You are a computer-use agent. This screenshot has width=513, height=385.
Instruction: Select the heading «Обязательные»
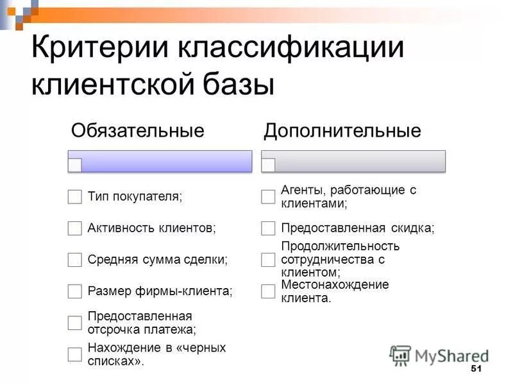tap(137, 132)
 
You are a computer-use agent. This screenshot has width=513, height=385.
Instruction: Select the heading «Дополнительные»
tap(342, 132)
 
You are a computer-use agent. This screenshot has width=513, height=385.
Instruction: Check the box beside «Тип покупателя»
tap(75, 197)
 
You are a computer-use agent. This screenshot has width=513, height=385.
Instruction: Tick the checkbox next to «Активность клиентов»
tap(75, 228)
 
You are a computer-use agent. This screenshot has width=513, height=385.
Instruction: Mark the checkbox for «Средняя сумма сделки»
tap(75, 260)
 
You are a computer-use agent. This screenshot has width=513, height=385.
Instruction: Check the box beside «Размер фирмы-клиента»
tap(75, 291)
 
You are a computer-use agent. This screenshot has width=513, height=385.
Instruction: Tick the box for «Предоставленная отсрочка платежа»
tap(75, 323)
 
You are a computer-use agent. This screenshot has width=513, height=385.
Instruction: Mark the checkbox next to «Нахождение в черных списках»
tap(75, 354)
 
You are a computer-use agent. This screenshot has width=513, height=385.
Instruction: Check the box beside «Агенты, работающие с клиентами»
tap(268, 197)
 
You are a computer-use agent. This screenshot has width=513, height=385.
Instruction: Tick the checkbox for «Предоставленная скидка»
tap(268, 228)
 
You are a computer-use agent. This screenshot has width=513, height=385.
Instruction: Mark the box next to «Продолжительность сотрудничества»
tap(268, 260)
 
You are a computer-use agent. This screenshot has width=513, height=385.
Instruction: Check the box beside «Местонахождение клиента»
tap(268, 291)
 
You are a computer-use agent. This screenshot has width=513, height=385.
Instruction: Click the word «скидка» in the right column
tap(412, 228)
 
